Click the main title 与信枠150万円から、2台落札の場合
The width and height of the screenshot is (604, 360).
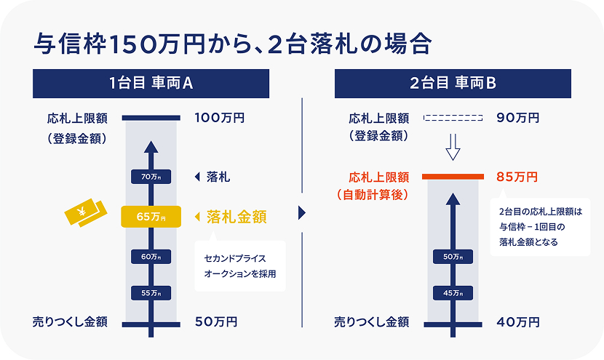coord(233,43)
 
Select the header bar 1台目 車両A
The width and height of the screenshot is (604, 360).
coord(151,84)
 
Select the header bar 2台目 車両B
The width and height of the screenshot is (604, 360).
coord(453,84)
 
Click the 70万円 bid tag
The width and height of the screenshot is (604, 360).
coord(151,177)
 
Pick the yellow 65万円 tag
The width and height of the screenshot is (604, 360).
coord(151,217)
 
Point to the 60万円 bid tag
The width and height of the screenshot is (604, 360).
coord(151,256)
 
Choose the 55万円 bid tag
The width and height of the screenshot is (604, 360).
coord(151,292)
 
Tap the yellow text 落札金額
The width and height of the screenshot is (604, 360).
coord(237,217)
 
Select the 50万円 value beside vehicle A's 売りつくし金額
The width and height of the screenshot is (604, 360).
coord(216,321)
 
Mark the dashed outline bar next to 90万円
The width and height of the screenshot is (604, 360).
coord(453,118)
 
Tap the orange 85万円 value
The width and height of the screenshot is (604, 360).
coord(517,177)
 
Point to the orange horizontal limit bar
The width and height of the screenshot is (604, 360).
coord(453,177)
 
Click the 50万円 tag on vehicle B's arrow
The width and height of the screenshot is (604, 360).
coord(453,256)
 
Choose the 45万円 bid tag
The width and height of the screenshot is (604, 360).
coord(453,292)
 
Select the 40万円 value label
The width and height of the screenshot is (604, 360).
coord(517,321)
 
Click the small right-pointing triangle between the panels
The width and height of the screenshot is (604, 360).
coord(302,214)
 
